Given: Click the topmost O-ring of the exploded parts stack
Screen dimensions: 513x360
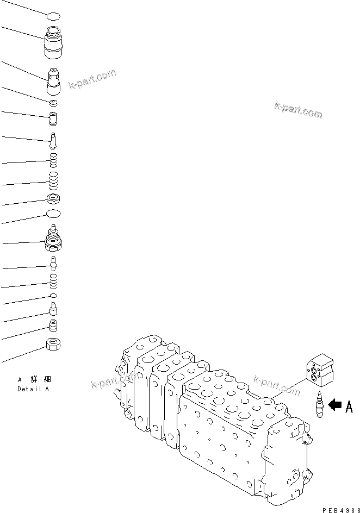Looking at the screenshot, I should tap(53, 17).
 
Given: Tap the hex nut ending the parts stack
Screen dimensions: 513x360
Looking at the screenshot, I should tap(53, 343).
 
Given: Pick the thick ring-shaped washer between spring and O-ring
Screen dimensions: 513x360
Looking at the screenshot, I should tap(53, 199).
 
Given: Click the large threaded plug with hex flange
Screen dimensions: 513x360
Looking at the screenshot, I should tap(53, 239).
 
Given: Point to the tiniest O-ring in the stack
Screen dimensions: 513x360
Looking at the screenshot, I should tap(53, 295).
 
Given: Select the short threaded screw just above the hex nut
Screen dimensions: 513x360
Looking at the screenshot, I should tap(53, 326).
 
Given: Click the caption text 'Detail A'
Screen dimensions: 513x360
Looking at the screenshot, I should tap(33, 389).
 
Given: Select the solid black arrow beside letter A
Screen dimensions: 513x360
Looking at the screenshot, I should tap(335, 404).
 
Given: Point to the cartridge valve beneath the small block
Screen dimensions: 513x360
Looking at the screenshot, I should tap(320, 405).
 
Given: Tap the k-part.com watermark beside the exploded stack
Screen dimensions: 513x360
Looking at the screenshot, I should tap(92, 80).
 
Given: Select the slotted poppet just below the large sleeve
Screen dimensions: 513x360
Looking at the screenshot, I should tap(54, 82).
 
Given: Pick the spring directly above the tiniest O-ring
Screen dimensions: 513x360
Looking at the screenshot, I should tap(53, 281).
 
